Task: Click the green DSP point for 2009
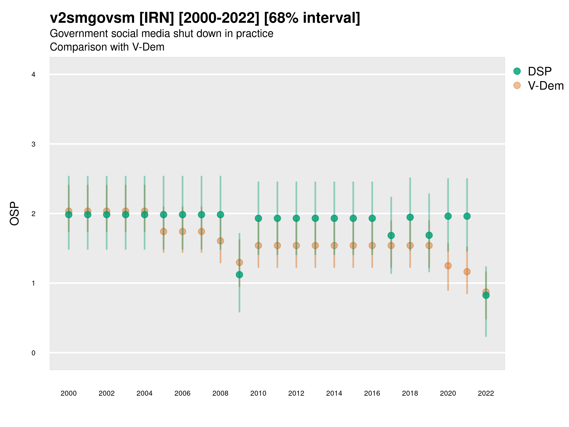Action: tap(239, 275)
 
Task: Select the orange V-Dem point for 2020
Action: tap(448, 266)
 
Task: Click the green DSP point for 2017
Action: tap(391, 235)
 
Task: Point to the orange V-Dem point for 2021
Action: tap(467, 272)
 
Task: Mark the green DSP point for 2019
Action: tap(429, 235)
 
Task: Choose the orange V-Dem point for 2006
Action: tap(182, 231)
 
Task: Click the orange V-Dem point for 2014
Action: tap(334, 245)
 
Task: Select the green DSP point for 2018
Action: tap(410, 217)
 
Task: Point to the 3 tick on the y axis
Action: tap(33, 144)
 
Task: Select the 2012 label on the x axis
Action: tap(296, 393)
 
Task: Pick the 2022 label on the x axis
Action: tap(486, 393)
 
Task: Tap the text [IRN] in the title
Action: tap(157, 18)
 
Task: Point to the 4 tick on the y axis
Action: tap(33, 75)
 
